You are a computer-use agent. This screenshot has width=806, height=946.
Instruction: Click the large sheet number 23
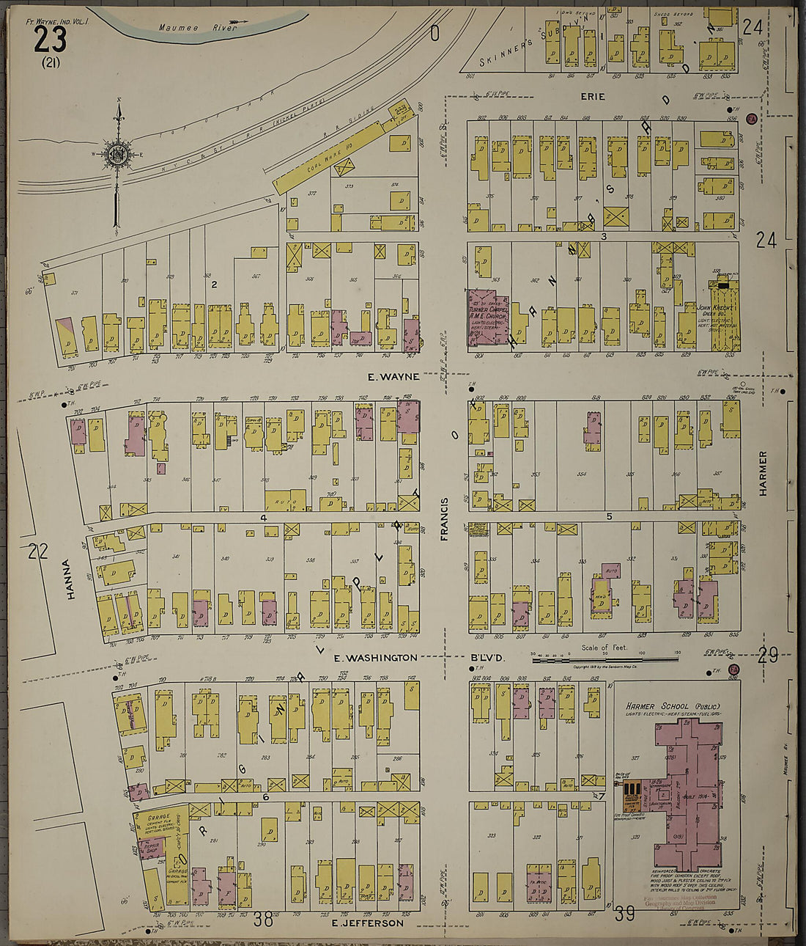point(50,38)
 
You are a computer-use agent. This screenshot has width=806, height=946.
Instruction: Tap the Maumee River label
point(199,28)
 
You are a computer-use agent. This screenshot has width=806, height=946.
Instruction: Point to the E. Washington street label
point(375,658)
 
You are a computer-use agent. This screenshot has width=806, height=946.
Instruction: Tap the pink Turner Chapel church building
point(488,316)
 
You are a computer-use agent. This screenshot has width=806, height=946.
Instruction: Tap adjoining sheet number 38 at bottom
point(263,919)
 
